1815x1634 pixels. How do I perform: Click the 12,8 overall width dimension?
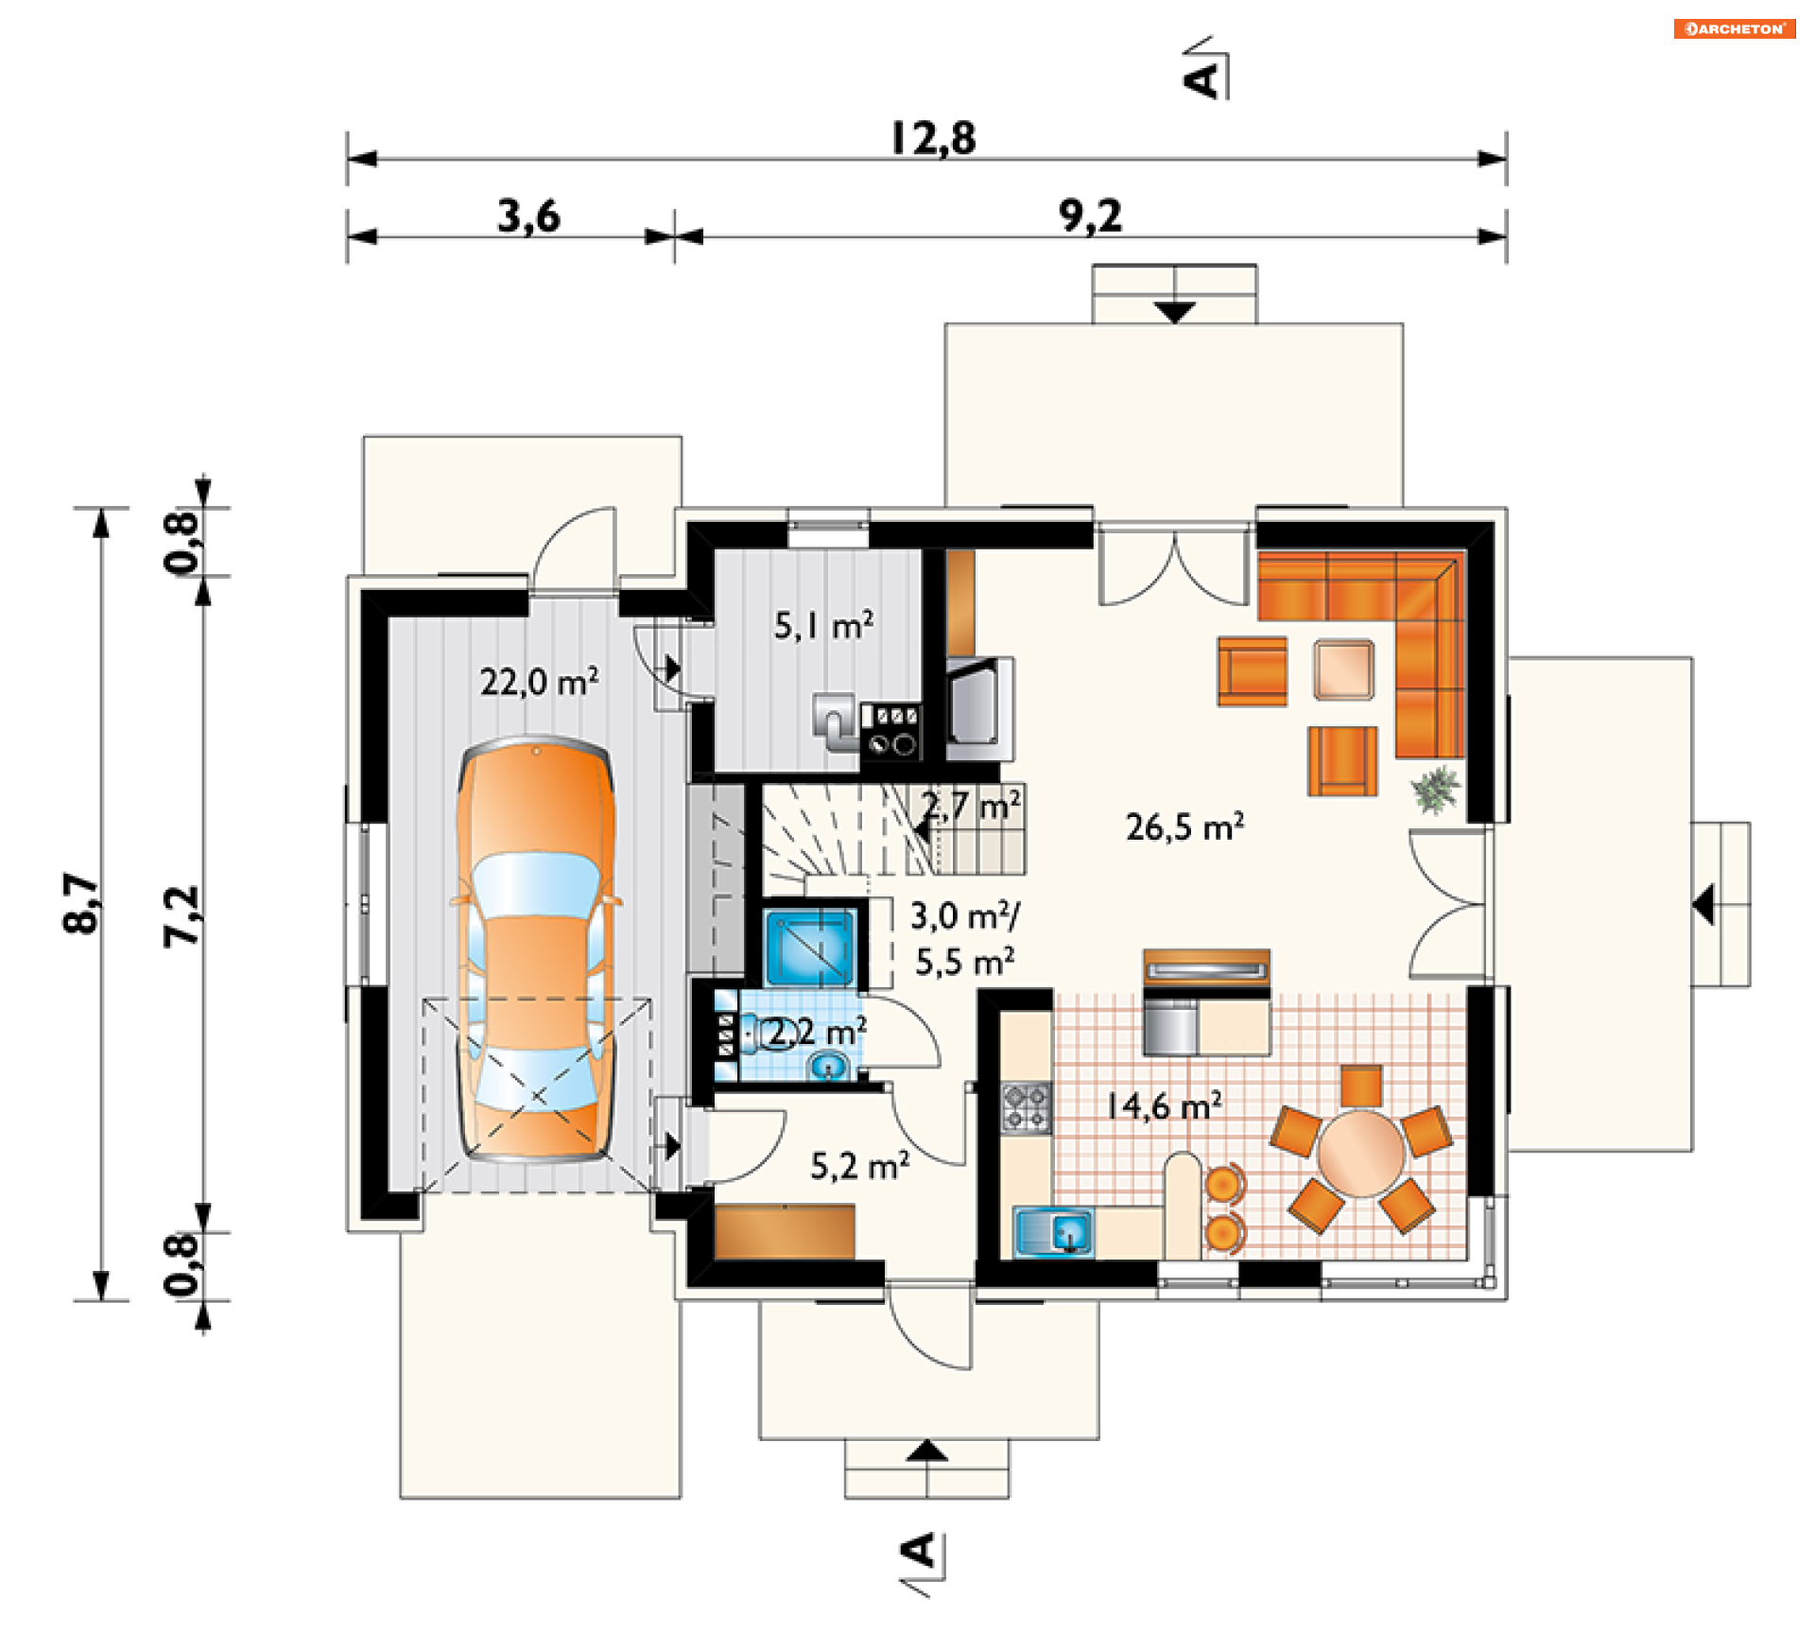933,138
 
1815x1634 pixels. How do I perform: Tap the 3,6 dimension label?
529,216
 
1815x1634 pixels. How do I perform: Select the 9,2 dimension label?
1091,216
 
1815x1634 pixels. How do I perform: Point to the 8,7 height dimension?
81,903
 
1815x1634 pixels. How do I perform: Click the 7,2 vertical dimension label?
181,915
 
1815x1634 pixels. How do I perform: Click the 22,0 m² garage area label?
539,681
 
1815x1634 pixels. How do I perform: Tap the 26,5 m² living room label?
1184,826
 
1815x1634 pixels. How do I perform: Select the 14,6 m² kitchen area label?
1164,1104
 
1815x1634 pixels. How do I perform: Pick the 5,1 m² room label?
823,625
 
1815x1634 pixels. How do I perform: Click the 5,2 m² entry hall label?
860,1165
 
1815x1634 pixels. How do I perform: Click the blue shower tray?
811,947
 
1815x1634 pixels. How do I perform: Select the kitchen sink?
1054,1232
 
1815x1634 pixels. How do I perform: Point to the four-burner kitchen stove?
1027,1107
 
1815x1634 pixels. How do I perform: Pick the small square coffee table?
1343,669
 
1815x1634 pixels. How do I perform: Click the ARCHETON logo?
1735,28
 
